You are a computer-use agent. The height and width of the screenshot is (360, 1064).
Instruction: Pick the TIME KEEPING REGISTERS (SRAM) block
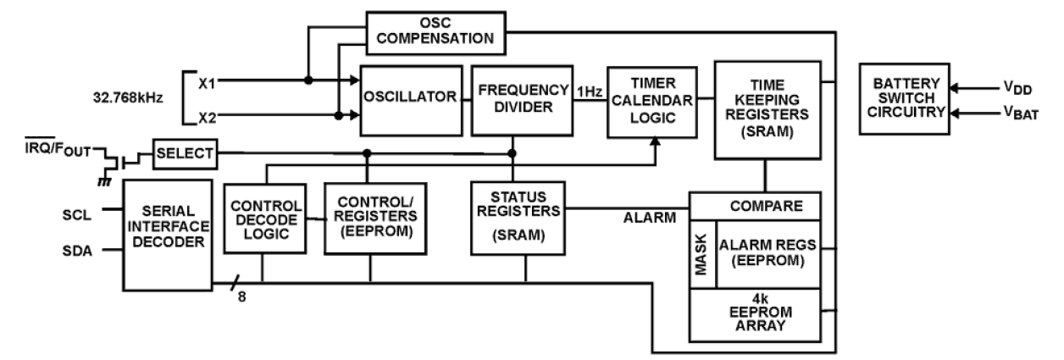[767, 109]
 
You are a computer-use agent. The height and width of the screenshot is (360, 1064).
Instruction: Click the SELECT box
[184, 154]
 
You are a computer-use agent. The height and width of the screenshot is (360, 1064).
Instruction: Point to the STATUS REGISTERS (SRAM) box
[518, 218]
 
